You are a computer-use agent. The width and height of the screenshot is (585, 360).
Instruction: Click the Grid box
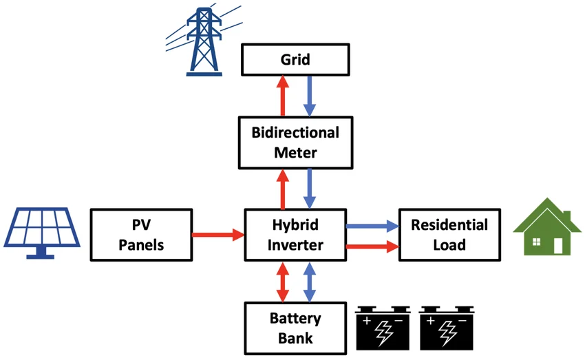[x=295, y=60]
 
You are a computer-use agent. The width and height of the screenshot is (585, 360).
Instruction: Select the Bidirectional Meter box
[x=295, y=142]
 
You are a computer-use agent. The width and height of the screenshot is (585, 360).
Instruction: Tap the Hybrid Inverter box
[x=295, y=234]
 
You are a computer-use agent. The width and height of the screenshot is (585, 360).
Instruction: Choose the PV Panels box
[x=140, y=234]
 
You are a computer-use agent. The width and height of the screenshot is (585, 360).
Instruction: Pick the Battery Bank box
[x=295, y=328]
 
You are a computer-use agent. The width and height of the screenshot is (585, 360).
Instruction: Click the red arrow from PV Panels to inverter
[x=217, y=235]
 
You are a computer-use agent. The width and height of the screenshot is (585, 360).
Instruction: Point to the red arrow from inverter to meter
[x=281, y=189]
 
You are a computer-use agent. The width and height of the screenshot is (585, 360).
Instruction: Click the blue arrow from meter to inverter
[x=309, y=189]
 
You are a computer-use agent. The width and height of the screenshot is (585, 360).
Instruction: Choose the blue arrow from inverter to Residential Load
[x=372, y=225]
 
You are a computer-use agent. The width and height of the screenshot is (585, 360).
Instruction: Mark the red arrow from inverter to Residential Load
[x=372, y=244]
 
